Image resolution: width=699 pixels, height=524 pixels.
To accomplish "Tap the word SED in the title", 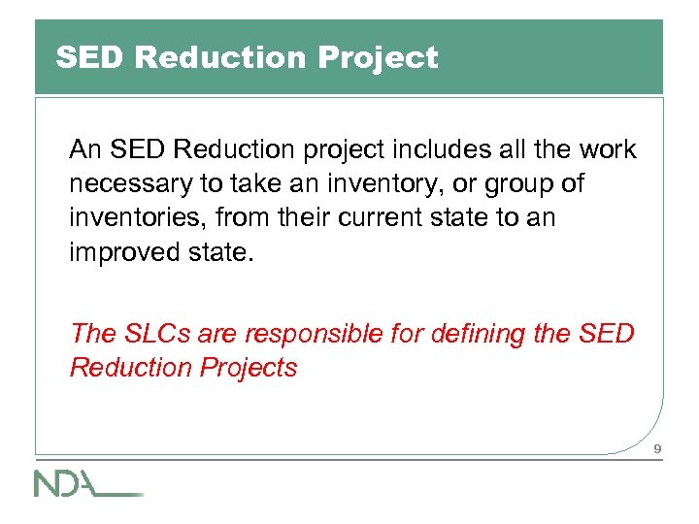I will click(x=91, y=58).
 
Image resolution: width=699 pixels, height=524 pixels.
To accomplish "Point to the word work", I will click(x=606, y=150).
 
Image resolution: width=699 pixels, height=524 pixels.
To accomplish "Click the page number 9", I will click(x=657, y=449).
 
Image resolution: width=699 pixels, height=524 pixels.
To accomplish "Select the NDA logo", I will click(x=88, y=482).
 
